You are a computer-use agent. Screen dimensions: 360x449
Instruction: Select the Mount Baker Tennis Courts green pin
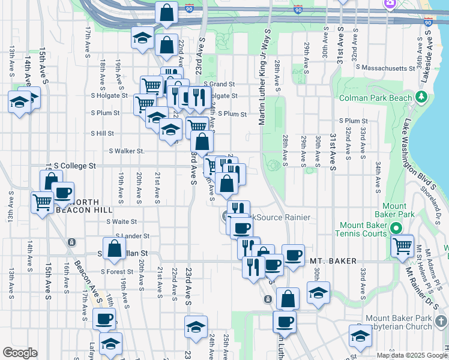[395, 228]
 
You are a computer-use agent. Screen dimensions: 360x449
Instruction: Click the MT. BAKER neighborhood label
[334, 261]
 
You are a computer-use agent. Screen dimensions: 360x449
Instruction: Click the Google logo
[20, 353]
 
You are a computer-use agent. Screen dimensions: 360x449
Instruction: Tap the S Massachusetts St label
[385, 68]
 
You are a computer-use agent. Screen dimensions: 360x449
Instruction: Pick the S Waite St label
[121, 221]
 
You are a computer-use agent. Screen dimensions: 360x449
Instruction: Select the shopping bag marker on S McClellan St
[114, 248]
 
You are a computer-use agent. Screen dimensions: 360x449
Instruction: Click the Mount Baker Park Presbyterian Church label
[399, 322]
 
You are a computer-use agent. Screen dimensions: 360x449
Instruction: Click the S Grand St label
[219, 84]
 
